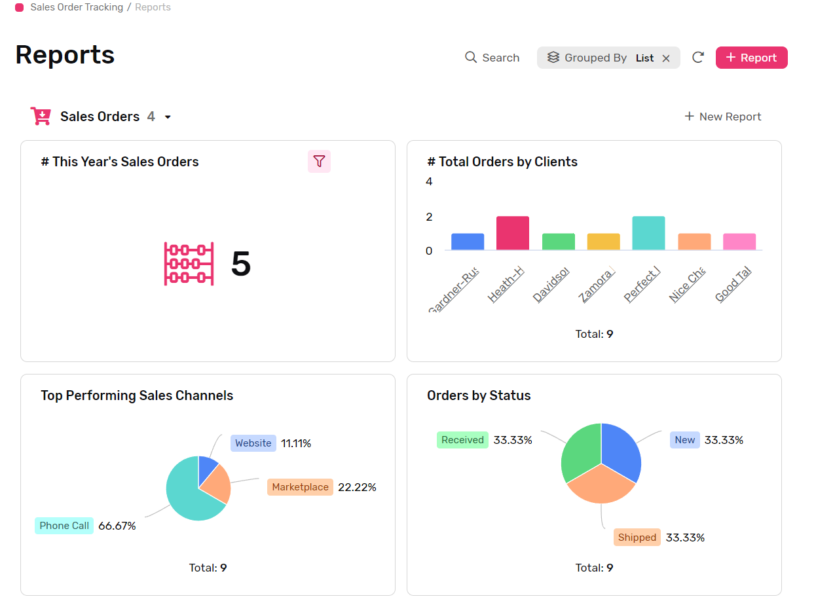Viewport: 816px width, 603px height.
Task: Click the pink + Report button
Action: click(x=751, y=58)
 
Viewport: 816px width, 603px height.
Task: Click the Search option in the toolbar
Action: click(x=492, y=58)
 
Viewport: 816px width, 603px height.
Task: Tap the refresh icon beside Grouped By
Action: click(x=698, y=58)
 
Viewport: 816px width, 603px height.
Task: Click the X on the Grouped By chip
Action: click(x=666, y=58)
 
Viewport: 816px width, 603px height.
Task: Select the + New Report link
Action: click(x=723, y=117)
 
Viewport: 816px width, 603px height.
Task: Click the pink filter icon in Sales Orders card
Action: click(x=319, y=161)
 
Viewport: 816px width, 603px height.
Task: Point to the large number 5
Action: click(x=241, y=264)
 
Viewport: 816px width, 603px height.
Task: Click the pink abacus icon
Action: click(x=189, y=264)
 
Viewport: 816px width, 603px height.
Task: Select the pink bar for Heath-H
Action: click(x=513, y=233)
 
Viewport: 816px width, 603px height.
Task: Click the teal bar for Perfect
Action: click(x=648, y=233)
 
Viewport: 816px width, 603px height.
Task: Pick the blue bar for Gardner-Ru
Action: click(x=468, y=242)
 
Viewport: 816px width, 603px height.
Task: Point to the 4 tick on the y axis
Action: click(x=430, y=181)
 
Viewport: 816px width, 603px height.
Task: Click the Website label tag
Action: click(x=253, y=443)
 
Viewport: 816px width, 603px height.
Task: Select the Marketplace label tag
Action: click(x=300, y=487)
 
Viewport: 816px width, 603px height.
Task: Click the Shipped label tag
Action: click(x=637, y=538)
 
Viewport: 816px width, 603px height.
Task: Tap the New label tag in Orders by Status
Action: click(x=684, y=440)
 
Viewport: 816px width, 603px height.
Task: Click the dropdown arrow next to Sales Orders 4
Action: click(x=168, y=117)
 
